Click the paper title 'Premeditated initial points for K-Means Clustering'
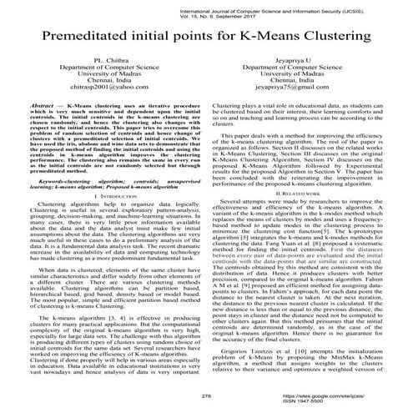point(206,40)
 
